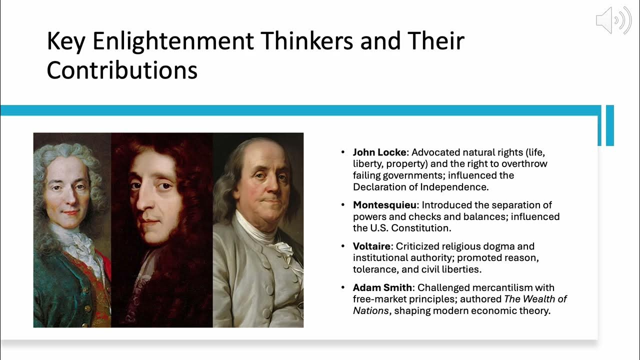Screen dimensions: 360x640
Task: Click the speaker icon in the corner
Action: pos(613,20)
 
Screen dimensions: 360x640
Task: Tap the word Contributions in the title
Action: pos(122,70)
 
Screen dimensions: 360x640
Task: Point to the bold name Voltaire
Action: pos(371,246)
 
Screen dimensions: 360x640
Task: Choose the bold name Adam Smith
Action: pos(383,287)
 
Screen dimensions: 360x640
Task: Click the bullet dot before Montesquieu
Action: pos(342,205)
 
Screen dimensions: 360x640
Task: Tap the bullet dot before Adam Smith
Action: pos(342,287)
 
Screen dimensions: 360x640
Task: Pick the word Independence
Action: pos(454,187)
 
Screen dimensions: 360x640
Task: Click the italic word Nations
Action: pos(370,310)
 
